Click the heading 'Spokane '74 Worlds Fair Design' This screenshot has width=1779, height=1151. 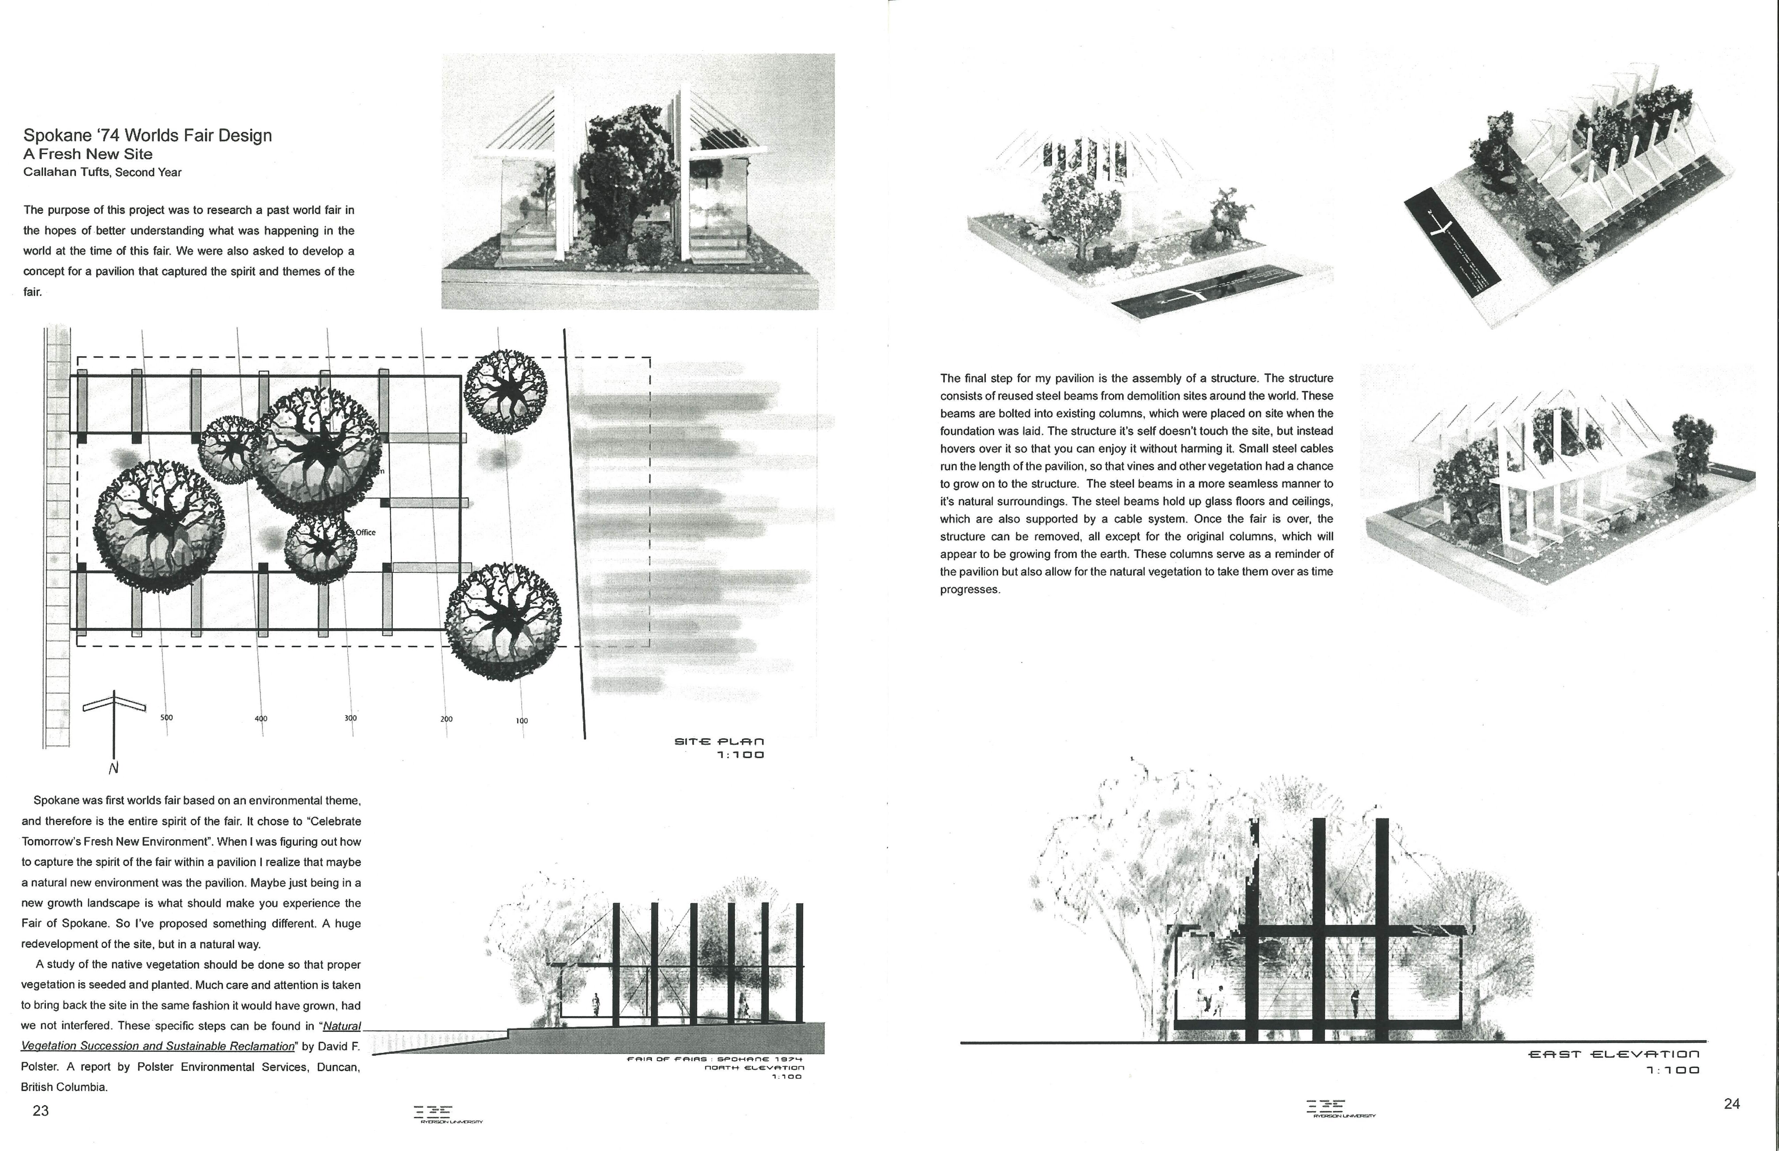click(x=147, y=135)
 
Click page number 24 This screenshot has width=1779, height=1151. click(x=1732, y=1104)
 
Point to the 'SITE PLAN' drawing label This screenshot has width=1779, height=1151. click(x=719, y=742)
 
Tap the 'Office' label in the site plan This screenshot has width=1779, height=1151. click(x=366, y=532)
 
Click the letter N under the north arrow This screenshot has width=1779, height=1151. click(x=114, y=768)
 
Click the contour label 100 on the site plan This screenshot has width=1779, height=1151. click(x=522, y=721)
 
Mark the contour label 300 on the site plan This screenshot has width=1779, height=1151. click(x=350, y=718)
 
